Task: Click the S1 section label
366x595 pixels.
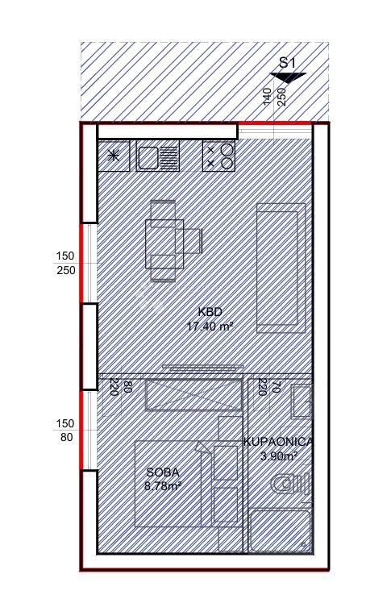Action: tap(288, 63)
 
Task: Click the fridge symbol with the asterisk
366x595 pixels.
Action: tap(114, 156)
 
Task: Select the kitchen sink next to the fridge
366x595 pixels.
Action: tap(158, 156)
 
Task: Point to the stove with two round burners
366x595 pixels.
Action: tap(218, 156)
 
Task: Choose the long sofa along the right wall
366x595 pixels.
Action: tap(281, 268)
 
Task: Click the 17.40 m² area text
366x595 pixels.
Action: tap(210, 327)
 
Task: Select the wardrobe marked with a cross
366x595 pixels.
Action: tap(193, 395)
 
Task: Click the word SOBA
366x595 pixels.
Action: tap(162, 472)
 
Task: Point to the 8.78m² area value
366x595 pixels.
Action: tap(162, 486)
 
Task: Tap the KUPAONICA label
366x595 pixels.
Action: tap(278, 442)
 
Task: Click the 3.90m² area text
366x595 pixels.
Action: tap(279, 456)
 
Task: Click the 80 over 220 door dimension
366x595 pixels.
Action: tap(120, 387)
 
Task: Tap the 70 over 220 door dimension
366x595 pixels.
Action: tap(268, 387)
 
